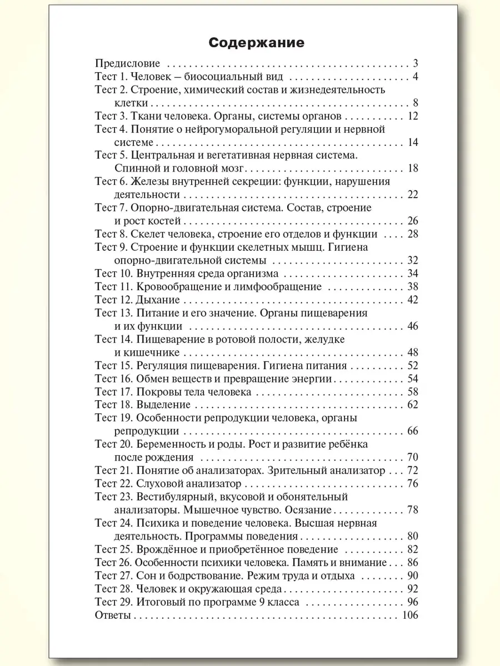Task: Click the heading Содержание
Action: click(x=249, y=43)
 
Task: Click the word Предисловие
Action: click(x=128, y=63)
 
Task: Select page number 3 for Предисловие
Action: click(x=415, y=63)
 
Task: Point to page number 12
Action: click(x=412, y=116)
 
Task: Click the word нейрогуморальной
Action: click(x=254, y=129)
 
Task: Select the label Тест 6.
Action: click(x=112, y=181)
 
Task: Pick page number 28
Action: click(x=412, y=234)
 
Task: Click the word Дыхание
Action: click(x=158, y=300)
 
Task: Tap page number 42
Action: click(x=412, y=300)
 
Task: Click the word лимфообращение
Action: click(x=282, y=287)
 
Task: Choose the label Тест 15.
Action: click(x=114, y=366)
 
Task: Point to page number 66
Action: click(x=412, y=431)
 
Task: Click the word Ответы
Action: click(x=113, y=615)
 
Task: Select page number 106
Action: click(x=409, y=615)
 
